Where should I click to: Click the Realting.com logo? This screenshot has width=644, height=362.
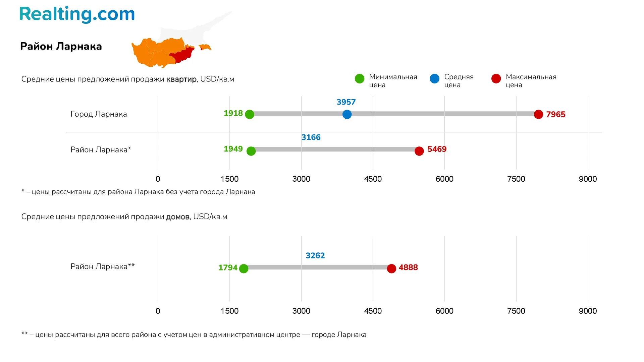(x=77, y=14)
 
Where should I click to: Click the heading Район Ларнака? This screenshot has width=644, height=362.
(x=61, y=46)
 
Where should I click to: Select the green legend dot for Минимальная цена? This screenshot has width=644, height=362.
(x=360, y=79)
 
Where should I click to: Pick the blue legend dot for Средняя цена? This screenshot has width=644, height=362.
(x=434, y=79)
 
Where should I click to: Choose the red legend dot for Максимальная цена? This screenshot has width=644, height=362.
(x=496, y=79)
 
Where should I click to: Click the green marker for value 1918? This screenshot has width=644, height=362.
(x=250, y=114)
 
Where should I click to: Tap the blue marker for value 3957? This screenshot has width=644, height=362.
(x=347, y=114)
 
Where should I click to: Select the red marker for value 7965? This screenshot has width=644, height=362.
(x=538, y=114)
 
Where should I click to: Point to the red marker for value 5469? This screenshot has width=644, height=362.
(x=419, y=151)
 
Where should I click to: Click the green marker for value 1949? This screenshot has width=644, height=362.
(x=251, y=151)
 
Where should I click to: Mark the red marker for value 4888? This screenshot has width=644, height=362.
(x=391, y=268)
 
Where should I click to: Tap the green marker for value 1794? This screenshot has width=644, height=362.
(x=244, y=268)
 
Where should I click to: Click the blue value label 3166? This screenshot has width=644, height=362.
(x=311, y=137)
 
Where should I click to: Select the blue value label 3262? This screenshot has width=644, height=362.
(x=315, y=256)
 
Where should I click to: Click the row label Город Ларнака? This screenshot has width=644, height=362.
(x=99, y=114)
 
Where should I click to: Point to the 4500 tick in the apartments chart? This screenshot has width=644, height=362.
(x=373, y=179)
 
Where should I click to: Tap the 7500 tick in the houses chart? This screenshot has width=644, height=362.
(x=516, y=311)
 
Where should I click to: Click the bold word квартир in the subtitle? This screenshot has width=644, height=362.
(x=181, y=79)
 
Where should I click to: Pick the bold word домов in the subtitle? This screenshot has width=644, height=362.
(x=178, y=217)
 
